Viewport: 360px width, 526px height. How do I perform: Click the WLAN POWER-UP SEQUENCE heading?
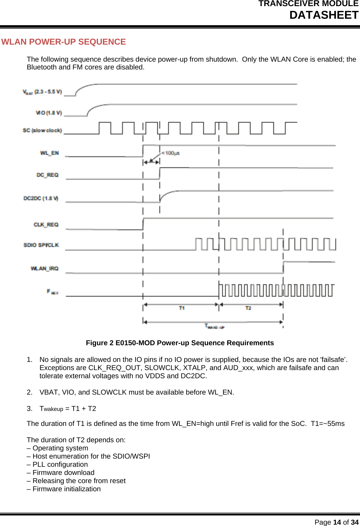click(64, 42)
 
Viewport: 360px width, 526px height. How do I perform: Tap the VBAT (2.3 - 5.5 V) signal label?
click(42, 92)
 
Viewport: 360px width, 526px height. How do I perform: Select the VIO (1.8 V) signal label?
click(49, 113)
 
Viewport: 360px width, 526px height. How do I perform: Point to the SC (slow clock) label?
click(42, 130)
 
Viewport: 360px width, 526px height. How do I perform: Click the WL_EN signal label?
click(49, 153)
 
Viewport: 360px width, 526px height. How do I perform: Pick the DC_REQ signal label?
click(47, 175)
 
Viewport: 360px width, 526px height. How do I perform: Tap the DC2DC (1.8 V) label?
click(41, 198)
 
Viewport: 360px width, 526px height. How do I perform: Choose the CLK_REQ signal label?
click(46, 225)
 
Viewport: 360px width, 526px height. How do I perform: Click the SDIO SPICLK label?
click(41, 245)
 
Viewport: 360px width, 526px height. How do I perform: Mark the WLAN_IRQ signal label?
click(45, 269)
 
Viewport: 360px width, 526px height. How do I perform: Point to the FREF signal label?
click(52, 292)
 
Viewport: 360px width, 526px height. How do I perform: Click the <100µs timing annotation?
click(170, 153)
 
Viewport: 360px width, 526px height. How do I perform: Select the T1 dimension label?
click(182, 308)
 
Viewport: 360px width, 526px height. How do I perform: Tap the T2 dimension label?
click(248, 308)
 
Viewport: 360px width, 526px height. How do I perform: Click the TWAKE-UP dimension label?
click(214, 326)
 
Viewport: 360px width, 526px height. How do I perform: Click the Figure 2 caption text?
click(179, 343)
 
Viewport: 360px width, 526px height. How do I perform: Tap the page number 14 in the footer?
click(337, 522)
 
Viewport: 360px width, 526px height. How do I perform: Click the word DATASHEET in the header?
click(324, 15)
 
